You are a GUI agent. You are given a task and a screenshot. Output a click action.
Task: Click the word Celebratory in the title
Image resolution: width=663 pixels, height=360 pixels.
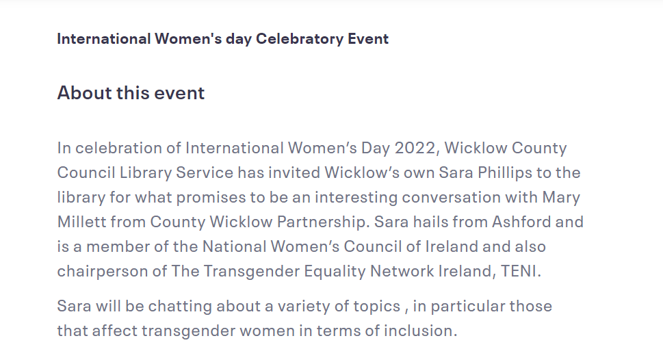(x=300, y=39)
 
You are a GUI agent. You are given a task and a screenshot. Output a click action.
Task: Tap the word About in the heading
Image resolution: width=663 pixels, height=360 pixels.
(x=84, y=92)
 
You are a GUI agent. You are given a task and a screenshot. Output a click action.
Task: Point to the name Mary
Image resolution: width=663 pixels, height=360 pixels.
(x=561, y=198)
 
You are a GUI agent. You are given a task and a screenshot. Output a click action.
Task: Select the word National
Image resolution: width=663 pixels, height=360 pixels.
(x=234, y=246)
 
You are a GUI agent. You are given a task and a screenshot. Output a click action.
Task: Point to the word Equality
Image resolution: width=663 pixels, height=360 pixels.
(x=335, y=271)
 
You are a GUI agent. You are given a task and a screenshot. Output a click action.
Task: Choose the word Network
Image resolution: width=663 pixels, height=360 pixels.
(x=402, y=271)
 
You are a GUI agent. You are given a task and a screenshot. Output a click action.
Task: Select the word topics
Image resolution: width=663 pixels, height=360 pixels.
(x=377, y=307)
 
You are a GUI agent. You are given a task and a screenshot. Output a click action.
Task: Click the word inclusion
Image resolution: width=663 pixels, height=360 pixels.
(x=420, y=331)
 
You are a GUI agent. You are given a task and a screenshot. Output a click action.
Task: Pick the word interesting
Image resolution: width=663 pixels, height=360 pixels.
(x=356, y=198)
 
